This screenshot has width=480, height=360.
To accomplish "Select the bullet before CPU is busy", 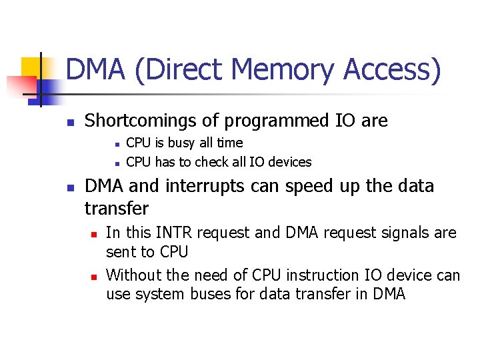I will (x=117, y=143).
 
